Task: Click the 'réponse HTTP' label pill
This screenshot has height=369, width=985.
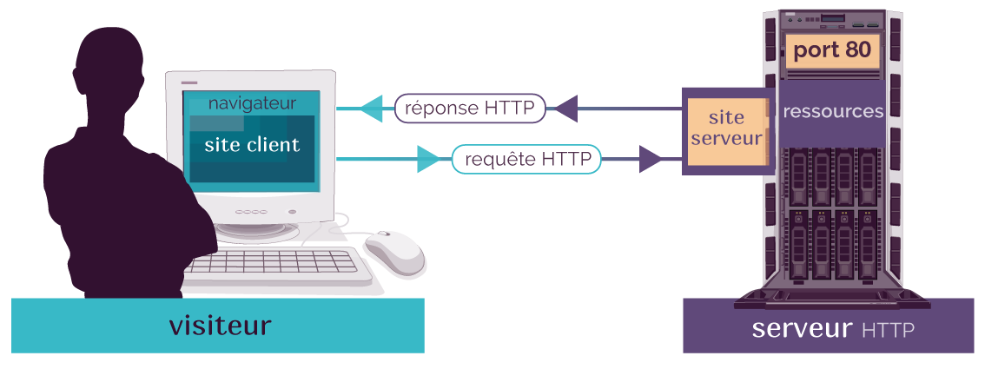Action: tap(470, 109)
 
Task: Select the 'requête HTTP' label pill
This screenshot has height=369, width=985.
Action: tap(526, 160)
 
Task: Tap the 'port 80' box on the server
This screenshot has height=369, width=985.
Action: tap(832, 51)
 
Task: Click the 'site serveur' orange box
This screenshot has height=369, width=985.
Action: tap(726, 129)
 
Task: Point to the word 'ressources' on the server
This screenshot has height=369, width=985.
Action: tap(833, 112)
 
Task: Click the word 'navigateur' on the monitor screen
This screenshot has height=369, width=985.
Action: tap(252, 103)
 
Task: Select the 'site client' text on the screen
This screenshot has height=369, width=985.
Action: tap(252, 145)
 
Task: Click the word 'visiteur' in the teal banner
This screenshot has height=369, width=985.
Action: tap(220, 326)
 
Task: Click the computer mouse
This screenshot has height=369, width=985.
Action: tap(394, 252)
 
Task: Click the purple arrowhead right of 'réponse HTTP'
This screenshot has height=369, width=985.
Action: tap(566, 109)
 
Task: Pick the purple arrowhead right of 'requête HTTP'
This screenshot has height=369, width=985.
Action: tap(651, 160)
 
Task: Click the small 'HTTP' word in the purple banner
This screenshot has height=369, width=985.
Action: tap(889, 330)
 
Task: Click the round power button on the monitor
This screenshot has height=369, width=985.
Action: tap(292, 212)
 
